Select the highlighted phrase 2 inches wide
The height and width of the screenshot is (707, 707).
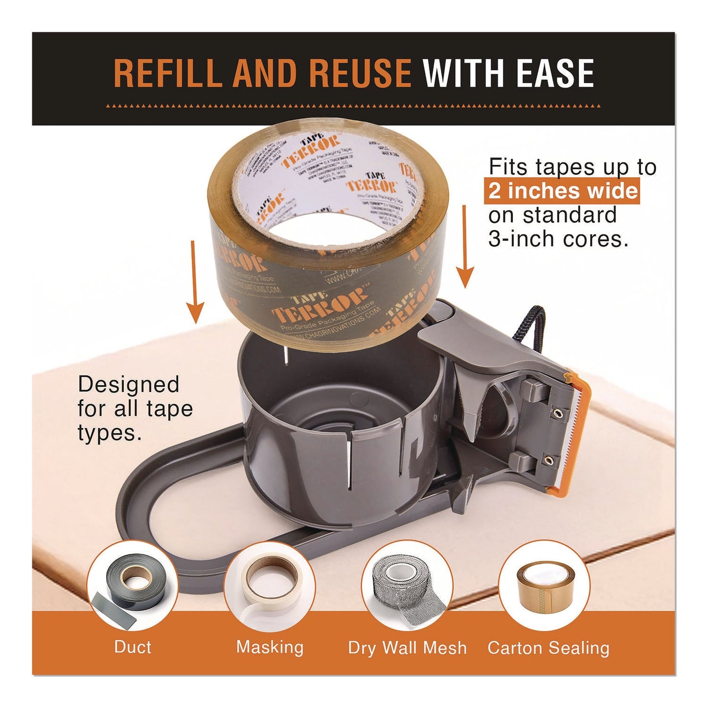click(x=563, y=191)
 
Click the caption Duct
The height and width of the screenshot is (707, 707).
click(x=133, y=647)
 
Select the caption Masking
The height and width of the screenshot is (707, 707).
click(x=270, y=647)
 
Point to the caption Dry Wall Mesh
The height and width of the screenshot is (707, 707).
click(x=407, y=648)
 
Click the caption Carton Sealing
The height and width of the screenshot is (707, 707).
click(x=548, y=648)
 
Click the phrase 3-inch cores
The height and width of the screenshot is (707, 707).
click(x=558, y=239)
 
